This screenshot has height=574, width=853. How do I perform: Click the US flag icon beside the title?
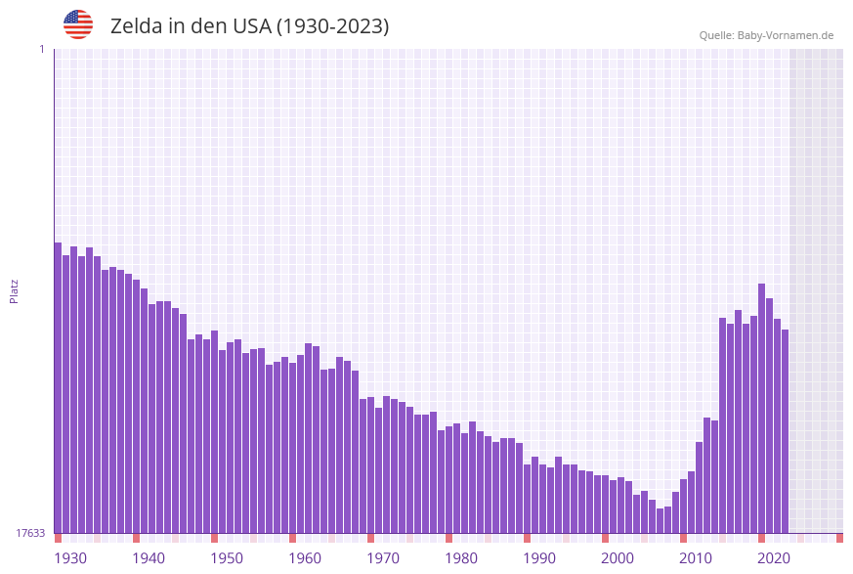pyautogui.click(x=78, y=24)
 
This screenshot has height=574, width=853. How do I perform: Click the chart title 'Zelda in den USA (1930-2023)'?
pyautogui.click(x=249, y=26)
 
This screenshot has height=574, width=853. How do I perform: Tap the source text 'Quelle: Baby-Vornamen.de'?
pyautogui.click(x=766, y=35)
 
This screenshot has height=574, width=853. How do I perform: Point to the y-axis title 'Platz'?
pyautogui.click(x=15, y=290)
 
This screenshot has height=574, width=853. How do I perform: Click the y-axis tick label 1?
pyautogui.click(x=41, y=49)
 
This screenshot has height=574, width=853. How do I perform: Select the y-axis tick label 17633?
pyautogui.click(x=30, y=533)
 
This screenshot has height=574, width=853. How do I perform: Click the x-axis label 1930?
pyautogui.click(x=70, y=558)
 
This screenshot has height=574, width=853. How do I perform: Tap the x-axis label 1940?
pyautogui.click(x=149, y=558)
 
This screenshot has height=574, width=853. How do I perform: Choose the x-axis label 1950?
pyautogui.click(x=227, y=558)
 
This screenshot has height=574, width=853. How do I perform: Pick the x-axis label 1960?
pyautogui.click(x=305, y=558)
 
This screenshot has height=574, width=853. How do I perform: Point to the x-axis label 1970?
pyautogui.click(x=383, y=558)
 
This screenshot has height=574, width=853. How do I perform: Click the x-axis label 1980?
pyautogui.click(x=461, y=558)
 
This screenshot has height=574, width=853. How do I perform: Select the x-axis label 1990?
pyautogui.click(x=539, y=558)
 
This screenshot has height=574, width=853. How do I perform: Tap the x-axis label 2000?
pyautogui.click(x=618, y=558)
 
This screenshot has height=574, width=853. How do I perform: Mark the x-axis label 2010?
pyautogui.click(x=696, y=558)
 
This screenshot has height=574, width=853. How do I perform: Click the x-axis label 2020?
pyautogui.click(x=774, y=558)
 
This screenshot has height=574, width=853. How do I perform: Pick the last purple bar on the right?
pyautogui.click(x=785, y=431)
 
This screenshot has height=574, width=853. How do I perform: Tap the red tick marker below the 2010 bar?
pyautogui.click(x=683, y=538)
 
